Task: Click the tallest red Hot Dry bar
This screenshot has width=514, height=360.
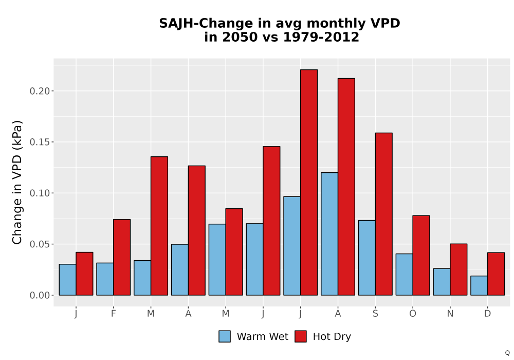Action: pos(309,182)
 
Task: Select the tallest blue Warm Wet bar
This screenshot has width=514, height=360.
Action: pos(329,234)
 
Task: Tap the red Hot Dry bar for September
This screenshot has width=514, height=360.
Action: pos(383,214)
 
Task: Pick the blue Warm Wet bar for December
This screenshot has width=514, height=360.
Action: pos(479,285)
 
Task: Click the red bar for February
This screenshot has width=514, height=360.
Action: pos(122,257)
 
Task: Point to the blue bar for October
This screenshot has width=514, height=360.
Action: pos(404,275)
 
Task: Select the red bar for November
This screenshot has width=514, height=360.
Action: pos(458,269)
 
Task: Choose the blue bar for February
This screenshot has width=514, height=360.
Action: pos(105,279)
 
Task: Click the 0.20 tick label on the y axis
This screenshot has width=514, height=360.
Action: pos(40,91)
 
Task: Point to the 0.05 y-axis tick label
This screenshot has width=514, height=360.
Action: pos(40,245)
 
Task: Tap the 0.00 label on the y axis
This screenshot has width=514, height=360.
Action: pos(40,296)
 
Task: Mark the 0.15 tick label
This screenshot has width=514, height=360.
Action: pos(40,142)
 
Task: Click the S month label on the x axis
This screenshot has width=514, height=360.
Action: pos(375,314)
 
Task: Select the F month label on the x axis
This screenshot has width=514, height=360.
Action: pos(114,314)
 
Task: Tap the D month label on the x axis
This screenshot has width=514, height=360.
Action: pos(487,314)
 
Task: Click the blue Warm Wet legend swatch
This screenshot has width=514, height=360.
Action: pos(225,336)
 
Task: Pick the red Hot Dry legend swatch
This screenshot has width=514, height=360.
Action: pos(301,336)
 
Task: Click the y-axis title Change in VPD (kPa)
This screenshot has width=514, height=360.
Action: pos(17,182)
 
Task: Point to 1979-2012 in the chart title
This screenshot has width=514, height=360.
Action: pos(321,37)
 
